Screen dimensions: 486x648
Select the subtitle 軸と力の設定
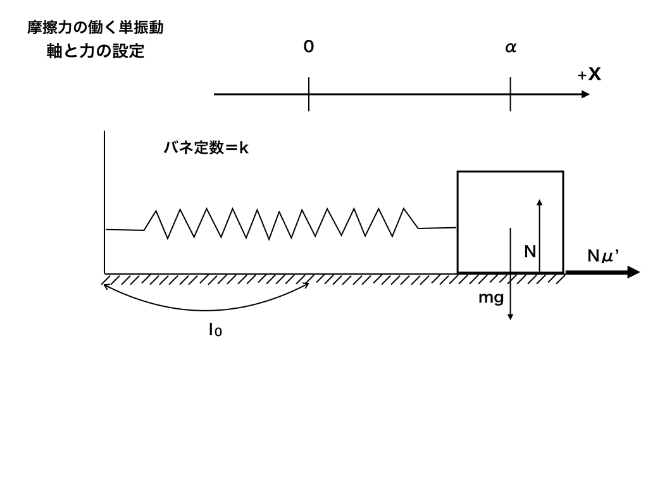96,52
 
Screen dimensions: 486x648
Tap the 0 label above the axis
308,47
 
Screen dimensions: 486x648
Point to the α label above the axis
510,48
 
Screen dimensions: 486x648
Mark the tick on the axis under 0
308,94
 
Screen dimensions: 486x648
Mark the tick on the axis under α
510,94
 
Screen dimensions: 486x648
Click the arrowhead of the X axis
585,94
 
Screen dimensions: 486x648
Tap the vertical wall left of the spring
104,202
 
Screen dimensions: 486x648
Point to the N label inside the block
530,252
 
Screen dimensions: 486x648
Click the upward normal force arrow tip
539,201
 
